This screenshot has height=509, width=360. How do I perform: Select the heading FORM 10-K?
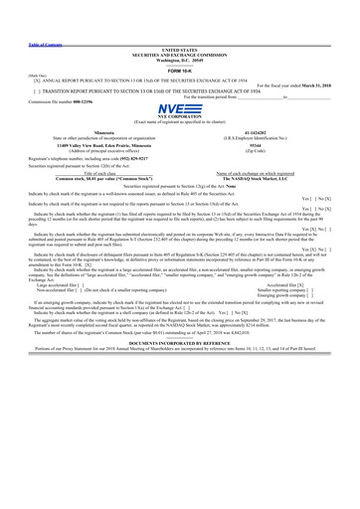(x=179, y=70)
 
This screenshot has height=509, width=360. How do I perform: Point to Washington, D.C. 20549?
(x=179, y=60)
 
